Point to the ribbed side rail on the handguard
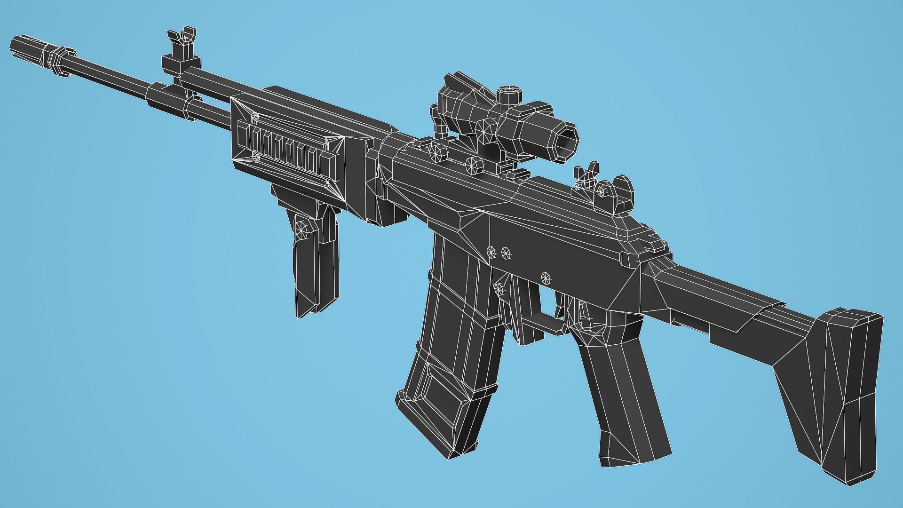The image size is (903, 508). (287, 146)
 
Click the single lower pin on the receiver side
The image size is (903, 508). (546, 277)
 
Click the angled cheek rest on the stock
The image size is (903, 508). (734, 306)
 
